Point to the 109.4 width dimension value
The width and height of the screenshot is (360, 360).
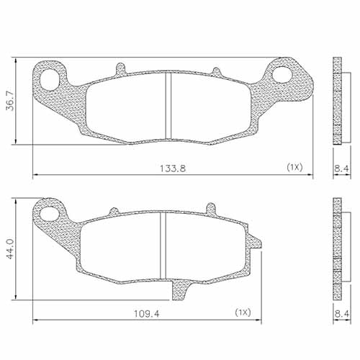pos(147,313)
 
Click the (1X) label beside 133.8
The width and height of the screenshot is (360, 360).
pos(294,167)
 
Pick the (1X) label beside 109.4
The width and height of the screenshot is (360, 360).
pos(243,313)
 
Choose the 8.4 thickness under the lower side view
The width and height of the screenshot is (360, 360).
pos(341,313)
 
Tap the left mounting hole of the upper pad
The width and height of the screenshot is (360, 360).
pos(52,78)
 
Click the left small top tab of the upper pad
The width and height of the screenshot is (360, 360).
pos(120,69)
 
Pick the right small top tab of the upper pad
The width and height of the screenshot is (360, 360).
pos(215,70)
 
